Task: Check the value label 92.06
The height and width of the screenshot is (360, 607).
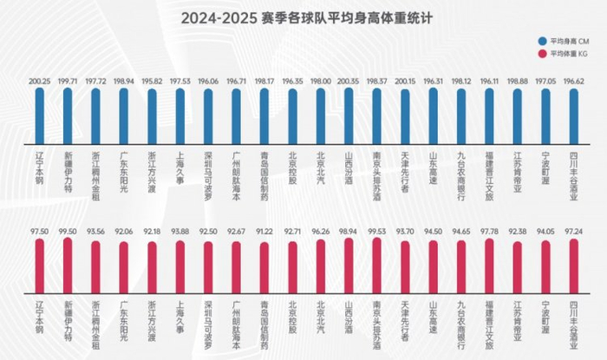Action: pos(124,232)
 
